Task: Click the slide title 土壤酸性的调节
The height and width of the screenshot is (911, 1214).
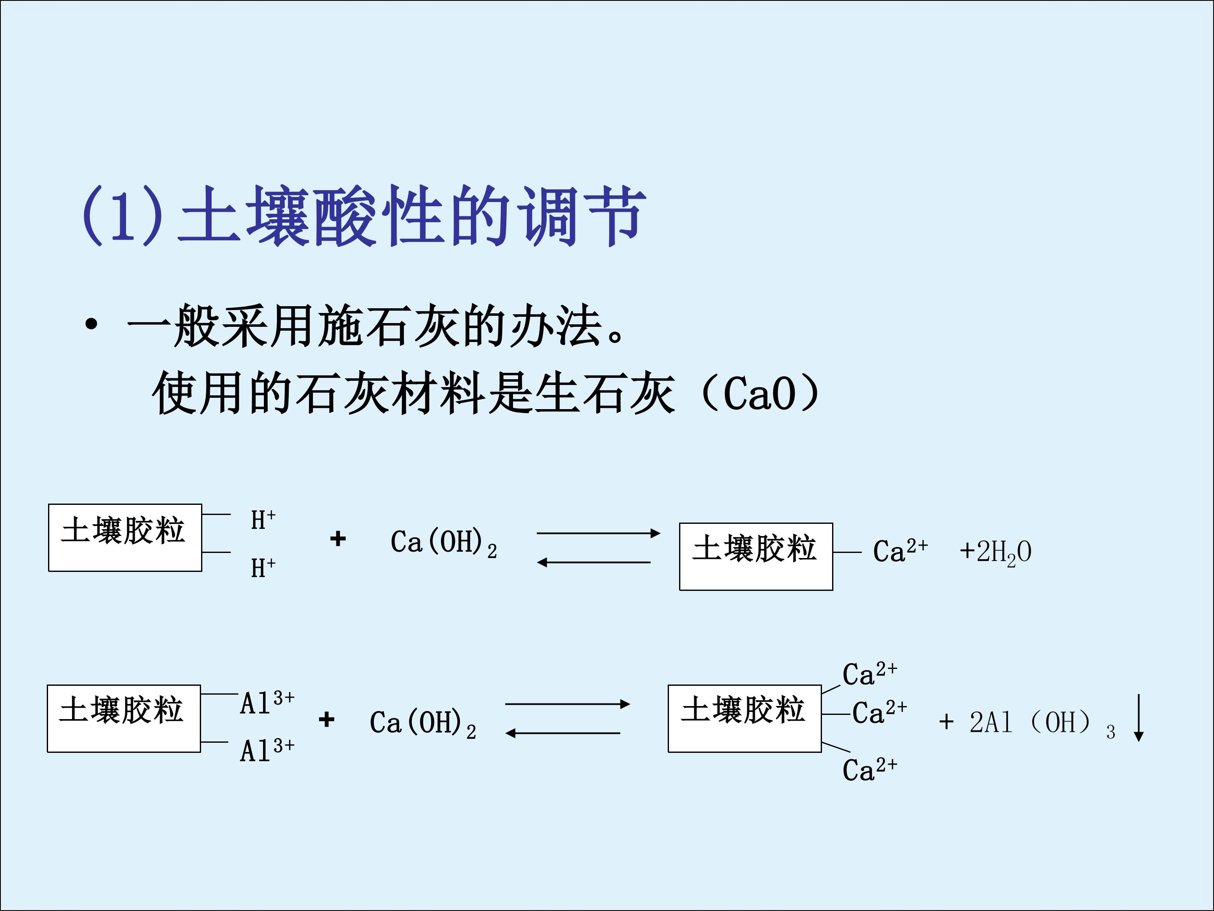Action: pos(363,215)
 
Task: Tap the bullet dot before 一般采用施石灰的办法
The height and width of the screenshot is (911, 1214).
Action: pos(91,324)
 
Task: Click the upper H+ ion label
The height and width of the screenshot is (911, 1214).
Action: pos(263,520)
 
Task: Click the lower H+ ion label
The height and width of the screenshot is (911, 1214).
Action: pos(263,567)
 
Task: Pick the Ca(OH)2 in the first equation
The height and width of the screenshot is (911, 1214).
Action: pos(443,542)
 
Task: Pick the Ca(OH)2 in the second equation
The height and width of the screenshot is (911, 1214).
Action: pos(423,723)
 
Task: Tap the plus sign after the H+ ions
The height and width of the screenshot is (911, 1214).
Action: pos(338,538)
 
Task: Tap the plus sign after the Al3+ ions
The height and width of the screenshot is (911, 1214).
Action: pos(327,720)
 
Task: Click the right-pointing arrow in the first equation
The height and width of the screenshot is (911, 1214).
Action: pos(598,533)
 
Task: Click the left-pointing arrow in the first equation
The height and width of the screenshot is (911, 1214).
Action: pos(593,562)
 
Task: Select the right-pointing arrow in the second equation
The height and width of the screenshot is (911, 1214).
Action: pos(567,703)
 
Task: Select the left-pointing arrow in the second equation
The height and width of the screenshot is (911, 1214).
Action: pos(563,733)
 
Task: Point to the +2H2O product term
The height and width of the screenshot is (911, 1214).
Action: pos(996,552)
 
